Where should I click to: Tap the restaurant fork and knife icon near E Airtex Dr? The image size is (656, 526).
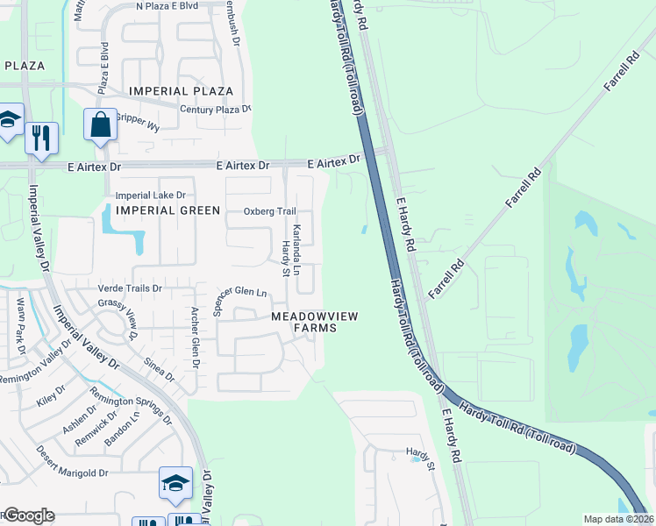pyautogui.click(x=41, y=138)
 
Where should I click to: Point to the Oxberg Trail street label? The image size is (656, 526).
pyautogui.click(x=270, y=211)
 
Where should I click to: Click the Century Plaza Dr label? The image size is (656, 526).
pyautogui.click(x=215, y=110)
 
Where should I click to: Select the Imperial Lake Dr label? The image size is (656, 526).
pyautogui.click(x=152, y=195)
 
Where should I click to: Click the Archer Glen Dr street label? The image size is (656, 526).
pyautogui.click(x=196, y=338)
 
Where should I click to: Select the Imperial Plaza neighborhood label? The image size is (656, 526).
pyautogui.click(x=181, y=91)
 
